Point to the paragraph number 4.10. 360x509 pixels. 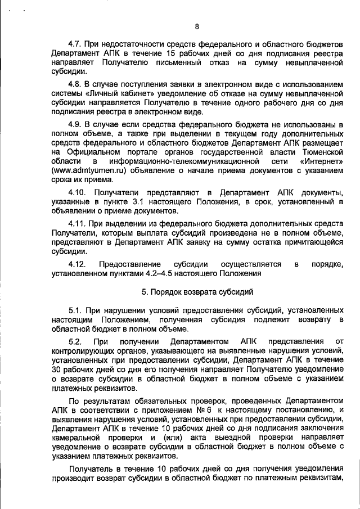(x=78, y=193)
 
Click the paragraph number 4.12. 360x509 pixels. (x=78, y=264)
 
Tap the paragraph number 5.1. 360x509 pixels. (x=75, y=310)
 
